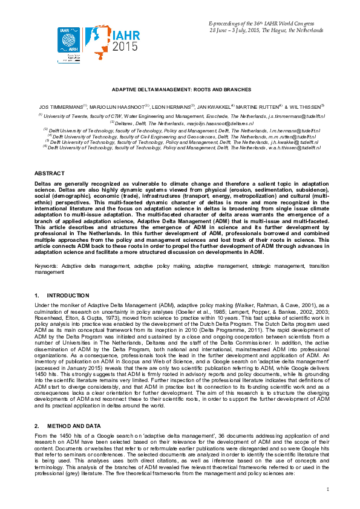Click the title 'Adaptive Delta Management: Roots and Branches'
click(x=180, y=88)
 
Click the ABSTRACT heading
click(x=48, y=173)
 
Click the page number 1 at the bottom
click(x=327, y=488)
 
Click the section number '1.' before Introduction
click(x=37, y=295)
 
